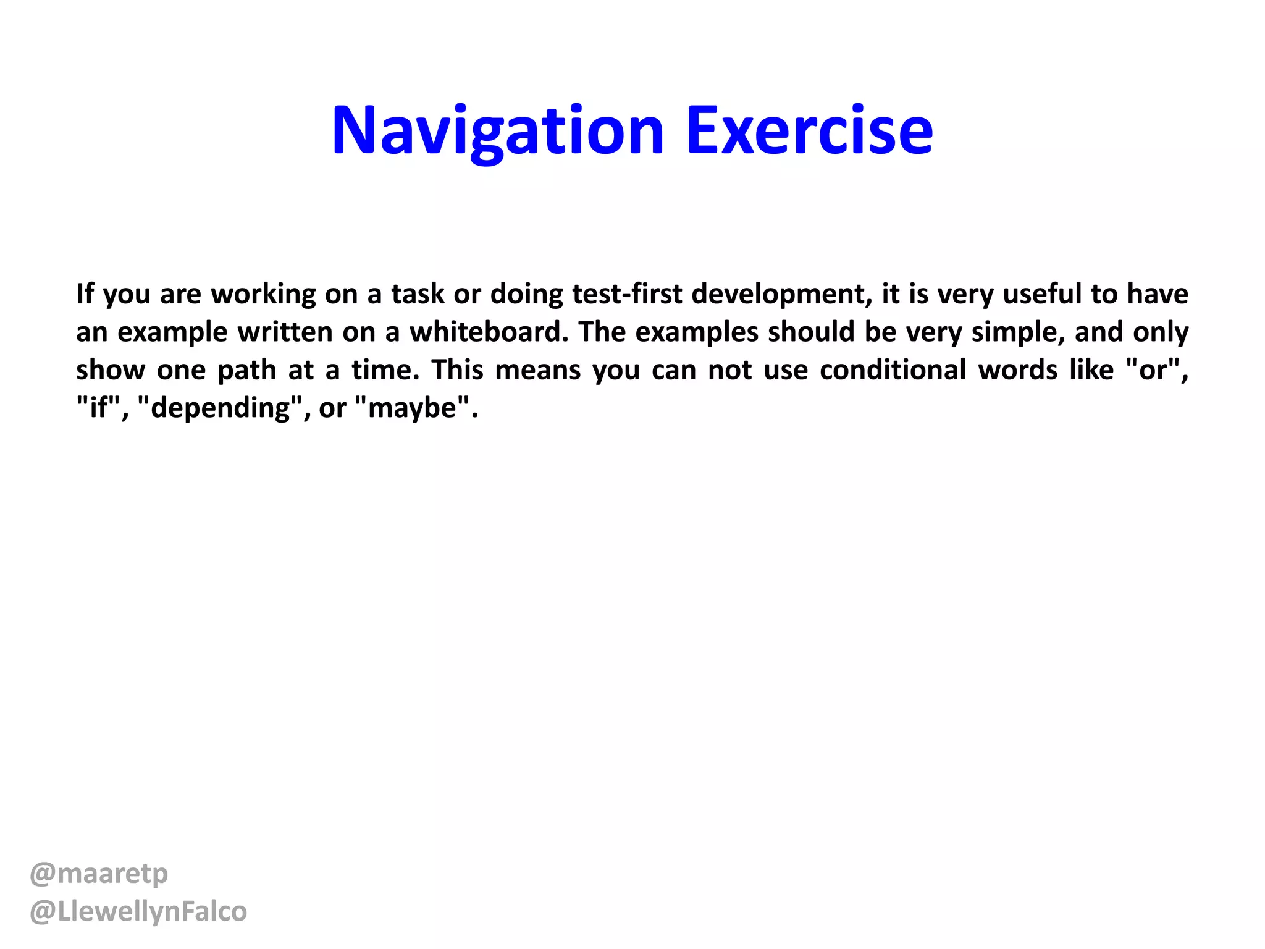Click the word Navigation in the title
pos(497,131)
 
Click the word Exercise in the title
pos(809,131)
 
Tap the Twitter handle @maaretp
pos(99,874)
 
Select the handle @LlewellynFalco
pos(138,912)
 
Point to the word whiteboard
pos(489,332)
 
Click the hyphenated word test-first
pos(627,294)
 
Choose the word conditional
pos(893,370)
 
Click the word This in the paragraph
pos(457,370)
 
